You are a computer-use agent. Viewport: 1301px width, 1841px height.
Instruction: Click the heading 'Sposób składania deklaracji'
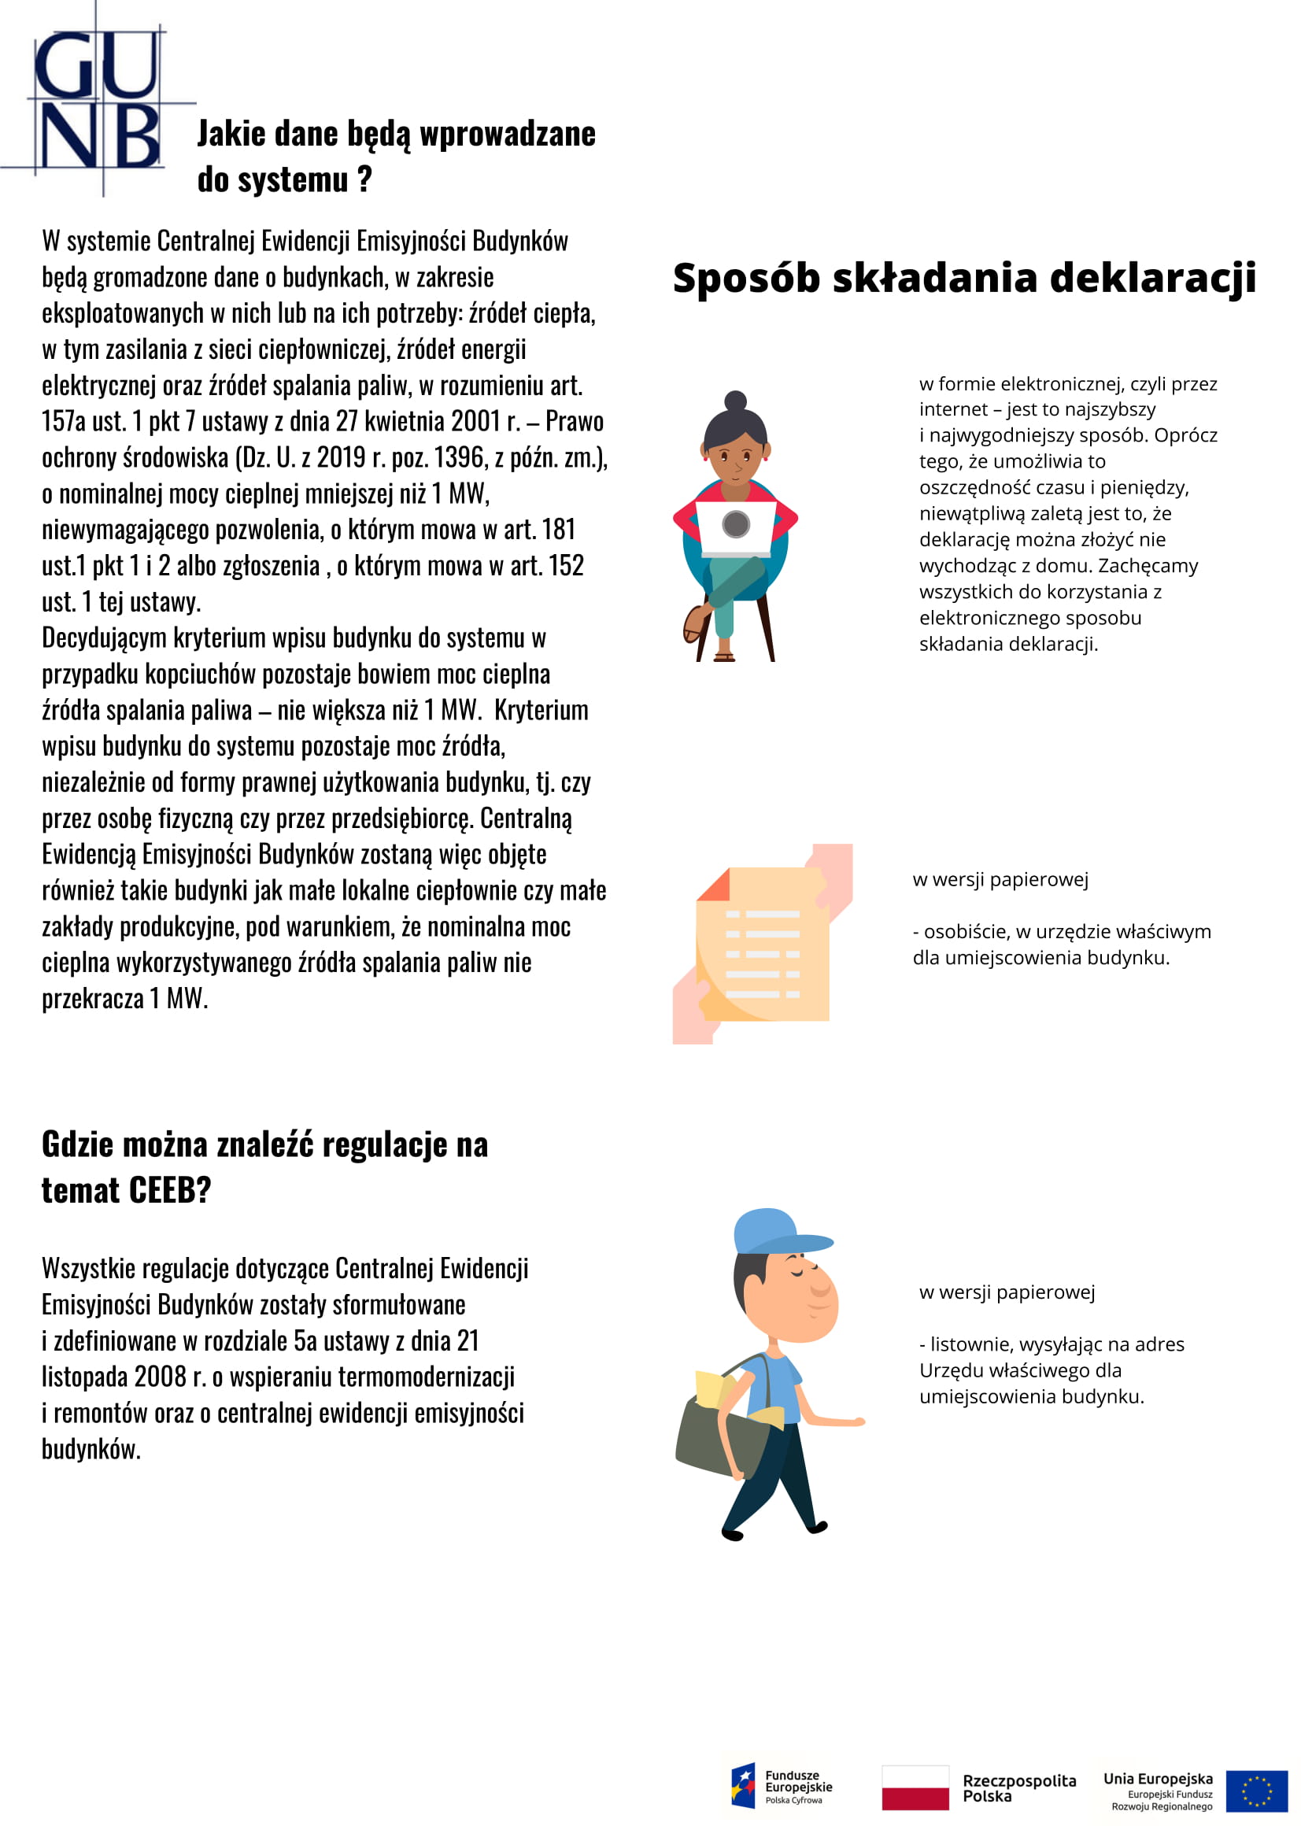963,278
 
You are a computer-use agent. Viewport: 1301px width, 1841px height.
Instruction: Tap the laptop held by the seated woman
735,527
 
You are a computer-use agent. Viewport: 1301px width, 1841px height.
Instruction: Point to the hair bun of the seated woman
735,401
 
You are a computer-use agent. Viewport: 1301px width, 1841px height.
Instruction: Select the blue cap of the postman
774,1233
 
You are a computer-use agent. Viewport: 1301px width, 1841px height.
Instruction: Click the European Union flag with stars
1256,1791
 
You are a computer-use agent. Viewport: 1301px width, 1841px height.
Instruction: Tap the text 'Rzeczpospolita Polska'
1018,1788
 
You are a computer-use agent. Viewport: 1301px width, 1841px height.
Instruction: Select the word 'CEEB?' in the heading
170,1191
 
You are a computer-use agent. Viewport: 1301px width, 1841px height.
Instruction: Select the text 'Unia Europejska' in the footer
1158,1779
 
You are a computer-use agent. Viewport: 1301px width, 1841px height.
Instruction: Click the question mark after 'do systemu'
364,179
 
